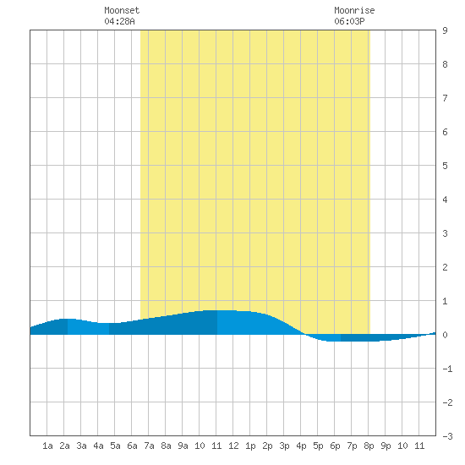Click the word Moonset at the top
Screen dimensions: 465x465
click(122, 10)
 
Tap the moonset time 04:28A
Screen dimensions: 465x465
click(119, 21)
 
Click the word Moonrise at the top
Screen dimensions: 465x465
click(354, 10)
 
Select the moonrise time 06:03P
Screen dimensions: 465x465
click(349, 21)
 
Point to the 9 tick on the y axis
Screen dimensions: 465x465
click(445, 30)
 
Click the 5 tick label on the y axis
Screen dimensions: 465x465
click(445, 166)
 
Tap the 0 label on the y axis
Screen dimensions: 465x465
click(445, 335)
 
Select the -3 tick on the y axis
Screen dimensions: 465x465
click(447, 436)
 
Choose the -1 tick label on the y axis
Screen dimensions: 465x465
click(447, 369)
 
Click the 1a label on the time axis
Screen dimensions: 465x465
click(47, 446)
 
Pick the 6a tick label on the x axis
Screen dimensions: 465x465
click(132, 446)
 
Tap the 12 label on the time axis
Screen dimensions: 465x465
click(233, 446)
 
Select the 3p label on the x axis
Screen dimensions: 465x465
click(284, 446)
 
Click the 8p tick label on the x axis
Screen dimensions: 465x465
click(369, 446)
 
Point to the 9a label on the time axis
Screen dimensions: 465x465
click(183, 446)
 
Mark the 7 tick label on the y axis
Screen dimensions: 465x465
click(445, 98)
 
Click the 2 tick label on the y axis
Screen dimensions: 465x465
click(445, 267)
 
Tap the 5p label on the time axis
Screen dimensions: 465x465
click(318, 446)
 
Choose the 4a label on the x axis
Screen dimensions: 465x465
click(98, 446)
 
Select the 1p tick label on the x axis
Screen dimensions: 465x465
click(250, 446)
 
